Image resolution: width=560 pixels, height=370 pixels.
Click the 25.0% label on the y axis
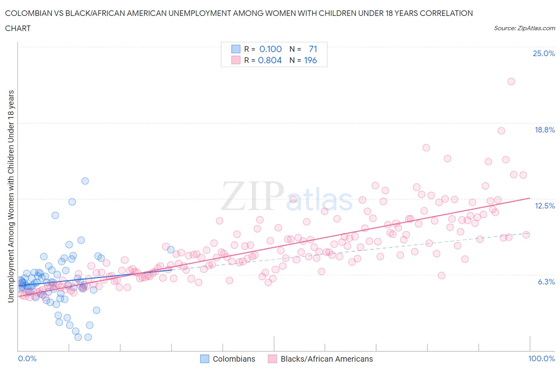coord(544,53)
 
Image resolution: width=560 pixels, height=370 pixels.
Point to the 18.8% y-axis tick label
coord(544,130)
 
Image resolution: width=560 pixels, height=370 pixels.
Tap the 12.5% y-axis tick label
coord(544,206)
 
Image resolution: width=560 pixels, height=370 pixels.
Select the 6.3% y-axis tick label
coord(546,282)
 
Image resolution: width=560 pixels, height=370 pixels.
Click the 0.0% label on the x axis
coord(27,358)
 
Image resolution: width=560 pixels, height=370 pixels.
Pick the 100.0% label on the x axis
coord(541,358)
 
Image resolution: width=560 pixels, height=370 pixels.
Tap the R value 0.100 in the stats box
coord(270,49)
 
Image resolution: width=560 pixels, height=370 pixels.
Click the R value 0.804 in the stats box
coord(270,60)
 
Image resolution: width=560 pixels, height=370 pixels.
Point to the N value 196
coord(310,60)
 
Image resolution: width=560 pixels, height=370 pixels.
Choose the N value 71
coord(313,49)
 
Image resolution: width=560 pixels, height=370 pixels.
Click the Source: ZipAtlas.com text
coord(524,28)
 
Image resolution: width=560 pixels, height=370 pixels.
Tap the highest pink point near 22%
coord(511,82)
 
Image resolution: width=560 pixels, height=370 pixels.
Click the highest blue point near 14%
coord(85,181)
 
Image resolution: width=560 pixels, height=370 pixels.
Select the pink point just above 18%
coord(501,131)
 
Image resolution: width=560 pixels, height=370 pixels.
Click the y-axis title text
coord(11,196)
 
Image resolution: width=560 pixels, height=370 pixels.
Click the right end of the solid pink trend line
coord(530,198)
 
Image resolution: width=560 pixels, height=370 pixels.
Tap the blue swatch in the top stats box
coord(236,49)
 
